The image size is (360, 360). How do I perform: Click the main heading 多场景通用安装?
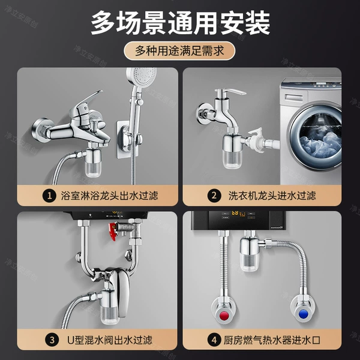click(x=180, y=23)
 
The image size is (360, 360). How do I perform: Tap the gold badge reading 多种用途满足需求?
click(x=179, y=51)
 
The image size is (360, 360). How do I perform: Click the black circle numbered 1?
click(x=49, y=196)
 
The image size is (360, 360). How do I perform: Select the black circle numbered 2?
click(x=214, y=196)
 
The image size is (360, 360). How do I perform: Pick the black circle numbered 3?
click(x=52, y=340)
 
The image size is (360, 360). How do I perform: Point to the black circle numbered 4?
click(x=214, y=340)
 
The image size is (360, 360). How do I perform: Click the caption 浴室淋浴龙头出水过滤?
click(x=109, y=196)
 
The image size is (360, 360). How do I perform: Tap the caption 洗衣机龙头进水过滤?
click(x=272, y=196)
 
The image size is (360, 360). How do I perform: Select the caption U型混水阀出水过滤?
click(x=110, y=340)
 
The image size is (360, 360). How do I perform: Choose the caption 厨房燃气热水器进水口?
click(x=272, y=340)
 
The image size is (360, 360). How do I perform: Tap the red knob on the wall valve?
click(x=223, y=315)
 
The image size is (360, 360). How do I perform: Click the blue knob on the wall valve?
click(x=304, y=314)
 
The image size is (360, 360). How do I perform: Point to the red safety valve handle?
click(x=113, y=231)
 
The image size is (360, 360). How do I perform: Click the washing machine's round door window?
click(x=317, y=136)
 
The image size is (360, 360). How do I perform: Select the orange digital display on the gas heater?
click(x=235, y=213)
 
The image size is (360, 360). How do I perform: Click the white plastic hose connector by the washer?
click(x=258, y=141)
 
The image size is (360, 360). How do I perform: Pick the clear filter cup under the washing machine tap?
click(x=232, y=158)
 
